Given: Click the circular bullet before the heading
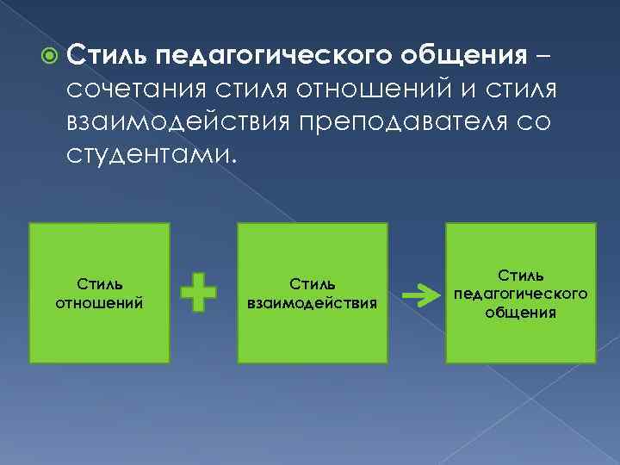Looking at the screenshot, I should click(49, 57).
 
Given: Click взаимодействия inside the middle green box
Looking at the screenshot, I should click(312, 303).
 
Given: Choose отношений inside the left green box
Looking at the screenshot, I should click(99, 303).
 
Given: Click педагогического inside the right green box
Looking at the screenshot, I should click(520, 294).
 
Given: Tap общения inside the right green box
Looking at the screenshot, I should click(520, 311).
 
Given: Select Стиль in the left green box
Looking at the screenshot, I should click(99, 284).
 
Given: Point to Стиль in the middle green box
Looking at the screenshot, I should click(312, 284).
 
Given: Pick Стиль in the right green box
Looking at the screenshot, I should click(520, 276).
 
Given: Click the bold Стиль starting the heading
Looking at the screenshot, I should click(107, 57).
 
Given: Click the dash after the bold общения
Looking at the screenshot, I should click(545, 57).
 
